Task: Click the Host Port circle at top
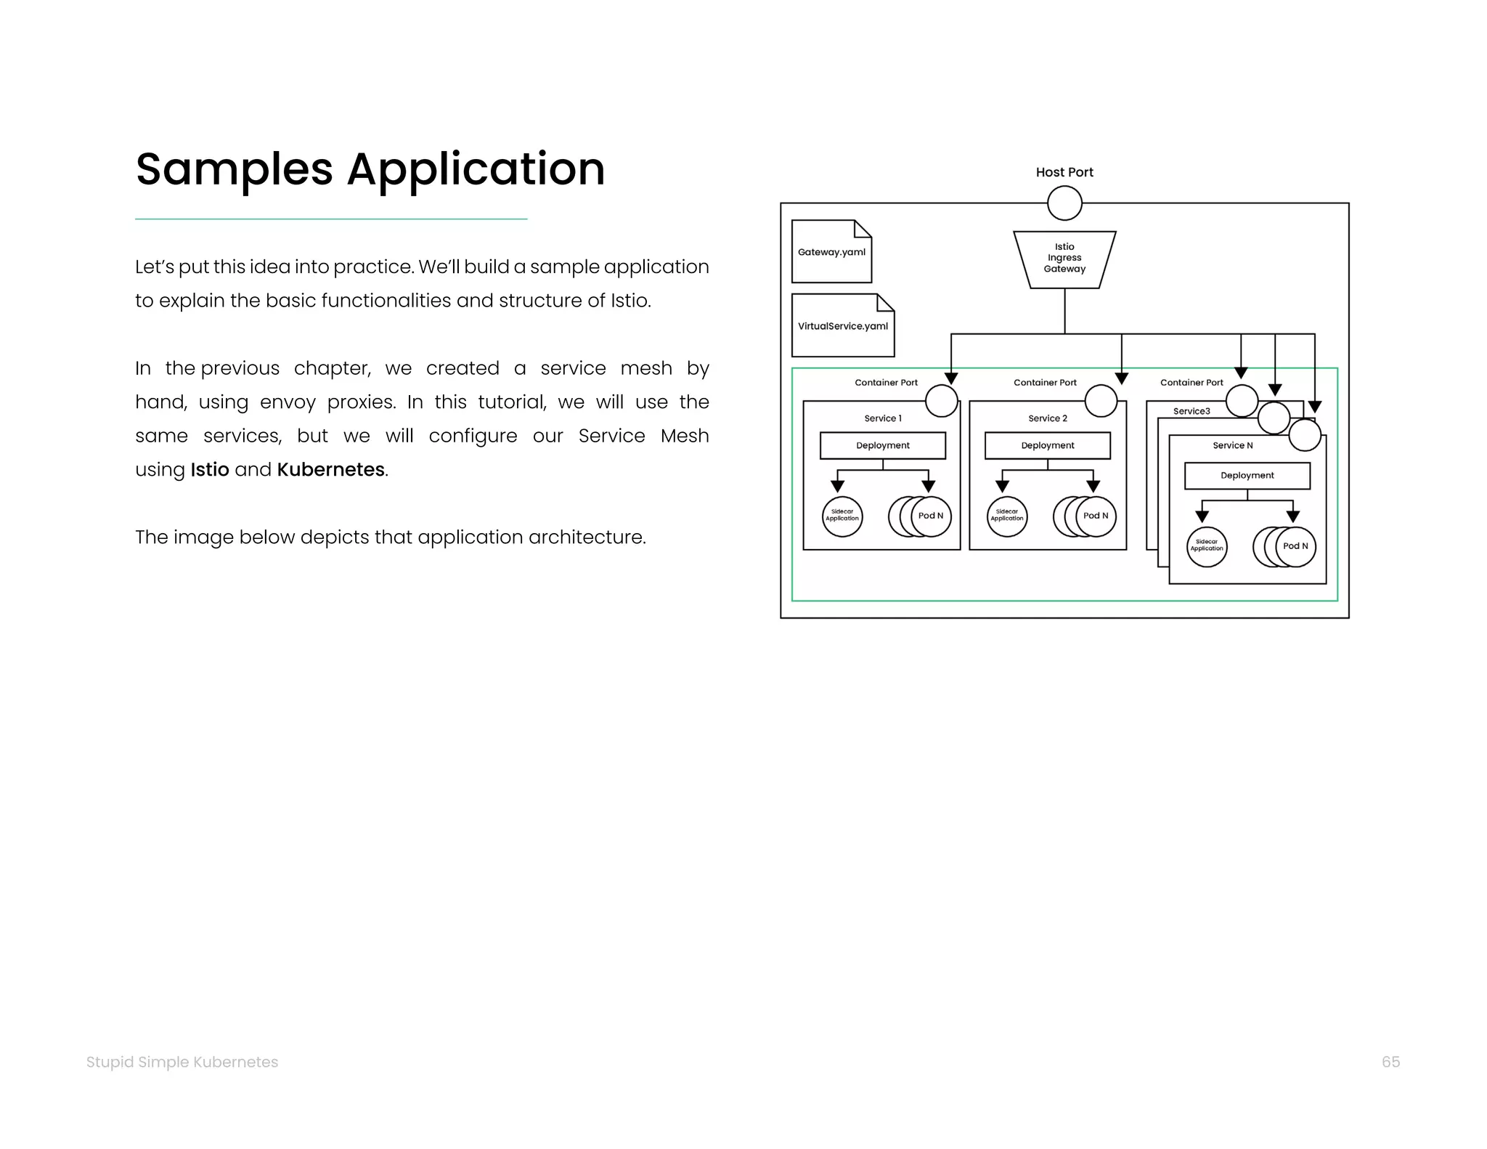pyautogui.click(x=1064, y=203)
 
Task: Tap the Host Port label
pyautogui.click(x=1064, y=172)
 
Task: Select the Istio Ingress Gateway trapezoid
pyautogui.click(x=1064, y=259)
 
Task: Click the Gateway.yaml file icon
pyautogui.click(x=831, y=251)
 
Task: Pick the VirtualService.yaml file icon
pyautogui.click(x=842, y=325)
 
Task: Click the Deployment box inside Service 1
pyautogui.click(x=882, y=445)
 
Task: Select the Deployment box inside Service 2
pyautogui.click(x=1047, y=445)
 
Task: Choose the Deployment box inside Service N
pyautogui.click(x=1247, y=476)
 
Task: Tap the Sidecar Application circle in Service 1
pyautogui.click(x=842, y=516)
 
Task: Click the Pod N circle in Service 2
pyautogui.click(x=1096, y=516)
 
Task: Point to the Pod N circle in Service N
pyautogui.click(x=1295, y=546)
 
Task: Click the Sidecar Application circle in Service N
pyautogui.click(x=1207, y=546)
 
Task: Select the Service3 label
pyautogui.click(x=1191, y=411)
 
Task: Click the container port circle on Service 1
pyautogui.click(x=942, y=400)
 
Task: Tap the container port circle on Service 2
pyautogui.click(x=1101, y=400)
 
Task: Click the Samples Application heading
pyautogui.click(x=370, y=169)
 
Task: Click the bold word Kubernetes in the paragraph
pyautogui.click(x=330, y=470)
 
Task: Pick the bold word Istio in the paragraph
pyautogui.click(x=210, y=470)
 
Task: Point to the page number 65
pyautogui.click(x=1390, y=1062)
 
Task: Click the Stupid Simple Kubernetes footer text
pyautogui.click(x=182, y=1062)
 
